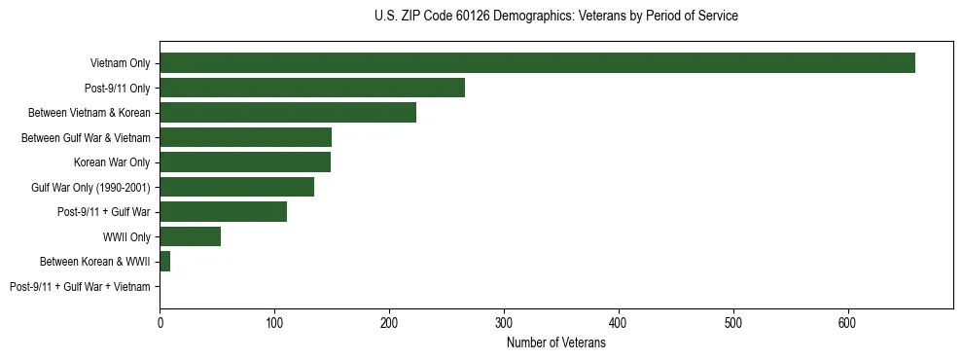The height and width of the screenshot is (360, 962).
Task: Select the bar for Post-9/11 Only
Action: pos(312,88)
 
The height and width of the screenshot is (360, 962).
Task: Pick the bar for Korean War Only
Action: pos(245,162)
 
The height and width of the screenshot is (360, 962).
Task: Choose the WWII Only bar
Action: pos(190,236)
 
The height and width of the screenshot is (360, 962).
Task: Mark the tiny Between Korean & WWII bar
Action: pos(164,261)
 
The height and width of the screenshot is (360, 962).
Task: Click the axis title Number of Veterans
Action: pos(555,342)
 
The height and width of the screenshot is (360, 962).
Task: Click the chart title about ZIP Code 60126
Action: pos(555,16)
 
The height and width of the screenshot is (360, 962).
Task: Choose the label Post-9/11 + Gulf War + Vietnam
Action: pos(80,286)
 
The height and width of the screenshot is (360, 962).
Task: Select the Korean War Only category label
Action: pos(112,162)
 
